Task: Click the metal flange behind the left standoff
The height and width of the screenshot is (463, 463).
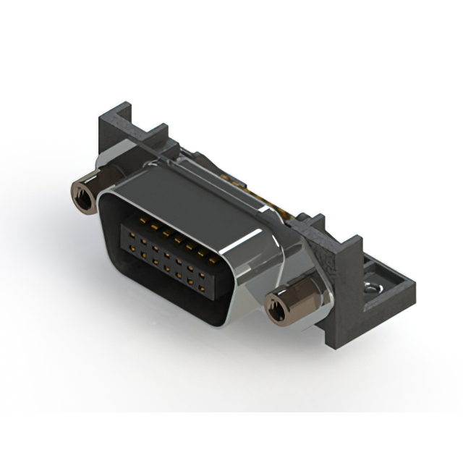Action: point(109,174)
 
